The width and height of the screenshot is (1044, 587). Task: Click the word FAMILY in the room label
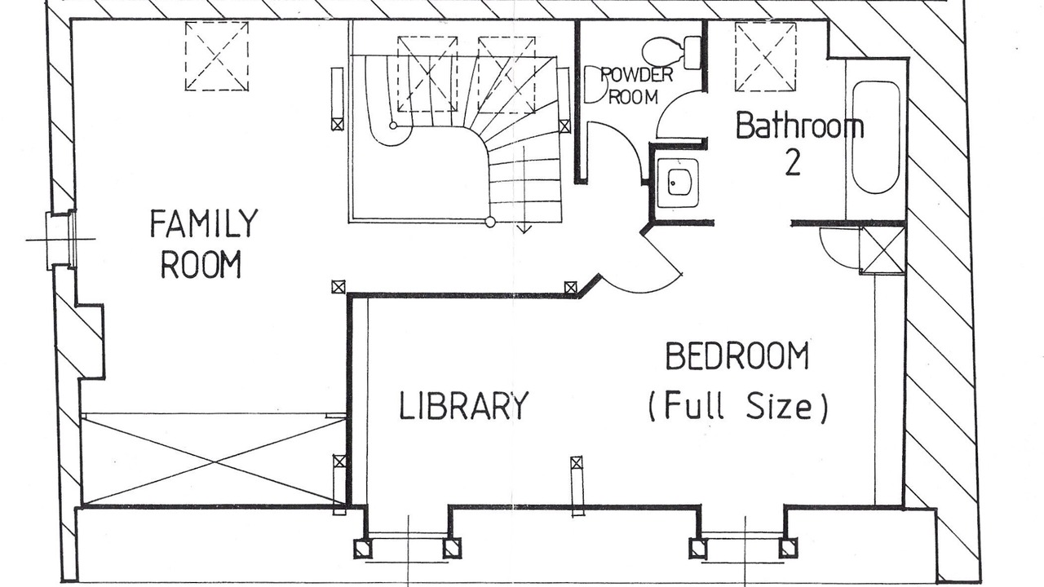(204, 223)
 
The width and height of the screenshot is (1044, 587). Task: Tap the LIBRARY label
(464, 405)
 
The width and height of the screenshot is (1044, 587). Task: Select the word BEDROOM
(737, 356)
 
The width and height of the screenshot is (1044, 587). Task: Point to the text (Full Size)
(738, 406)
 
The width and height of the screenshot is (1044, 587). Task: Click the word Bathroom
(800, 125)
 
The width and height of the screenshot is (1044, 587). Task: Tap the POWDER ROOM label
(635, 86)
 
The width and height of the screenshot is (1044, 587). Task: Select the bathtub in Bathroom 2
(876, 137)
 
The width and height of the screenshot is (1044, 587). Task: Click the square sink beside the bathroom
(678, 183)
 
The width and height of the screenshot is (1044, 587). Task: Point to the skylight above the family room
(217, 56)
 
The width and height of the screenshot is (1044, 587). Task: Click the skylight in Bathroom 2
(766, 56)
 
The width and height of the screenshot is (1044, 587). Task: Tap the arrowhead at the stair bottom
(524, 229)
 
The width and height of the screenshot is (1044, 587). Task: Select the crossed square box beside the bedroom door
(883, 250)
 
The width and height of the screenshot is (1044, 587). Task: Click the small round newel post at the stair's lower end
(490, 222)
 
